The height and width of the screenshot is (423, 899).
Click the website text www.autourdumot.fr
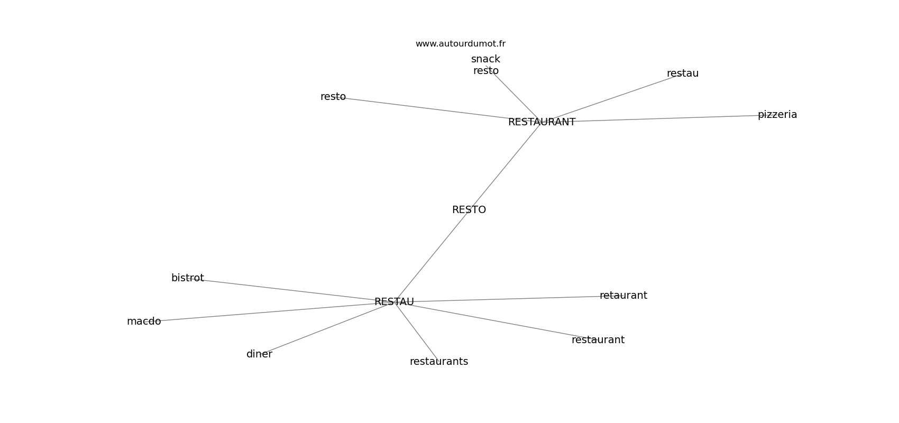460,44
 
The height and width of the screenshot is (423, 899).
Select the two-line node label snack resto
485,65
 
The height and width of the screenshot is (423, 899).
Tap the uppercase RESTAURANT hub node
542,122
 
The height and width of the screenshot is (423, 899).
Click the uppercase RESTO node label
469,210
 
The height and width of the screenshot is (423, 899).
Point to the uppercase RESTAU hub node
394,302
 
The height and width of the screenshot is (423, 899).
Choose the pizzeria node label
777,115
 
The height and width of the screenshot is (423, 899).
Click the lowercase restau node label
682,73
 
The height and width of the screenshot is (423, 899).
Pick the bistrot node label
187,278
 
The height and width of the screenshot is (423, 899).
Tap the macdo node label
144,321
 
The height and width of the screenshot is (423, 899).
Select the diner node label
259,354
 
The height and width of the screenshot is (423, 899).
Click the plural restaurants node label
438,362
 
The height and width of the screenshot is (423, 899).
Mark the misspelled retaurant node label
623,296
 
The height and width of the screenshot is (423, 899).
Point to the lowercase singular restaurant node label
598,340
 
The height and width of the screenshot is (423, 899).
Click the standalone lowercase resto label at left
333,97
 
